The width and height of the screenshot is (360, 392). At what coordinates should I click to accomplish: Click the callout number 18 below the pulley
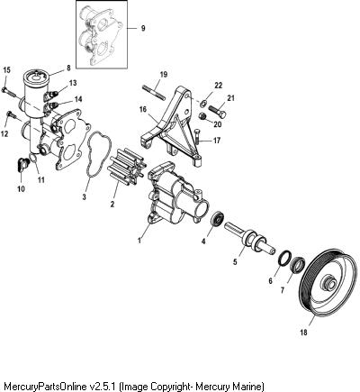(x=303, y=333)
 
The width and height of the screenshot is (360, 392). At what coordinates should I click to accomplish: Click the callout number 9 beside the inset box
(x=143, y=28)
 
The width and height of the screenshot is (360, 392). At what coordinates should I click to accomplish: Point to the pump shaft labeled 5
(x=249, y=238)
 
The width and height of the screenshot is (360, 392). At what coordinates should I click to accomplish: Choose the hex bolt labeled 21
(x=218, y=113)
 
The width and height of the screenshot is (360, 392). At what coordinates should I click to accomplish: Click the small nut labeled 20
(x=203, y=116)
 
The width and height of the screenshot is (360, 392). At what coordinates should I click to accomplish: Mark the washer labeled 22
(x=202, y=104)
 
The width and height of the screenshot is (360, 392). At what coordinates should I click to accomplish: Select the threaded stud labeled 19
(x=153, y=92)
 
